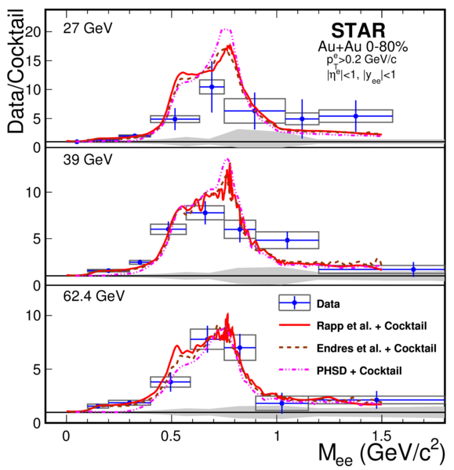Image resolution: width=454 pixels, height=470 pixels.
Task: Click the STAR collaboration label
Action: [358, 31]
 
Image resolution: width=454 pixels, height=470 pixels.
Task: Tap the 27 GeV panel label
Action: [88, 28]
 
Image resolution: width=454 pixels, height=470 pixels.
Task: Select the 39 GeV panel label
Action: [88, 160]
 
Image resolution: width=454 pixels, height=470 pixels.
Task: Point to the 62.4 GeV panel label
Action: [93, 296]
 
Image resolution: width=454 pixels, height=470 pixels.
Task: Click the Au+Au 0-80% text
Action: [363, 47]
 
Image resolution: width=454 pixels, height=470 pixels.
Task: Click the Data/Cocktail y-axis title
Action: [16, 71]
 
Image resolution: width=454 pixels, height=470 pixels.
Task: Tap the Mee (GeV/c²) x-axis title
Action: [381, 452]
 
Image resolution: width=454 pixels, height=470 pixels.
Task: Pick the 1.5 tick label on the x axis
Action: [381, 436]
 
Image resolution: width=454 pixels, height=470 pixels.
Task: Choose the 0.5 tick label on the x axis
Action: [171, 436]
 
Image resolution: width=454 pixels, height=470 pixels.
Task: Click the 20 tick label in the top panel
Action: [33, 32]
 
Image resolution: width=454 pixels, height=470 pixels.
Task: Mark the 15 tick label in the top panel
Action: [34, 61]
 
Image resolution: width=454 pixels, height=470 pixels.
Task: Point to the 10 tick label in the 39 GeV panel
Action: [34, 192]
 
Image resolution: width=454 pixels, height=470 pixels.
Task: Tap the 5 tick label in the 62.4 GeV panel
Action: [37, 370]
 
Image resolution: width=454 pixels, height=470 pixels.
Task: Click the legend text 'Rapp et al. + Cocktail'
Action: [372, 326]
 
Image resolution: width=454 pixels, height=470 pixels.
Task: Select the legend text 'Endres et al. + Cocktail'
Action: [376, 348]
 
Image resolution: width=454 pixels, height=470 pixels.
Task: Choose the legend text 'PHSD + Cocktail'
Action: [359, 371]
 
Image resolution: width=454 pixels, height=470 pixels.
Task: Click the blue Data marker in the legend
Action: [294, 302]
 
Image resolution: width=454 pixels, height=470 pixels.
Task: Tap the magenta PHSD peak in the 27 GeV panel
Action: [227, 30]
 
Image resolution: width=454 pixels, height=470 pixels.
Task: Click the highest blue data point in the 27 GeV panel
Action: [212, 87]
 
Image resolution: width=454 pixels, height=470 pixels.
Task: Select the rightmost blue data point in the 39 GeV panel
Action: [413, 269]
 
